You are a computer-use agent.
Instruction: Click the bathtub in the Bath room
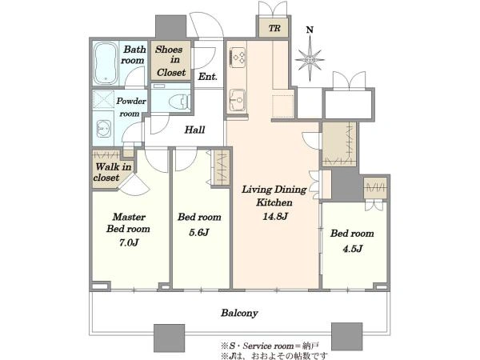[x=106, y=63]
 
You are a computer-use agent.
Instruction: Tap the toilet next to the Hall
[x=180, y=101]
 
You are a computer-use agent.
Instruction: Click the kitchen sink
[x=238, y=100]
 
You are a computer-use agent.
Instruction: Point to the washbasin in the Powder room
[x=102, y=129]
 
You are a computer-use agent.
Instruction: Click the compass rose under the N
[x=310, y=58]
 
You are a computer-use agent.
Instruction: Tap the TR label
[x=274, y=28]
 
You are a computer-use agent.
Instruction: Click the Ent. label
[x=207, y=76]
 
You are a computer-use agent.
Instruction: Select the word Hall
[x=194, y=130]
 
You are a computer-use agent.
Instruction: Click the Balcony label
[x=239, y=313]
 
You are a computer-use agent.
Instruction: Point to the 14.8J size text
[x=275, y=217]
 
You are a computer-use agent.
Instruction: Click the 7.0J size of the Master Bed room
[x=129, y=242]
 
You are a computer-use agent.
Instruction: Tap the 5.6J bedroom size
[x=198, y=232]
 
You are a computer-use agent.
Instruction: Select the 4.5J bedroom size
[x=353, y=249]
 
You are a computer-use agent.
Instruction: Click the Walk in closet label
[x=113, y=172]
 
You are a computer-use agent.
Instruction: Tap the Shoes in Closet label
[x=170, y=61]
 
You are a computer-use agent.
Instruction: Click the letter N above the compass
[x=310, y=30]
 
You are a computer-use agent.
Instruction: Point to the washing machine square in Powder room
[x=103, y=99]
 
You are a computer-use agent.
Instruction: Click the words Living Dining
[x=274, y=190]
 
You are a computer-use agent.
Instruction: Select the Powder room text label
[x=131, y=107]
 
